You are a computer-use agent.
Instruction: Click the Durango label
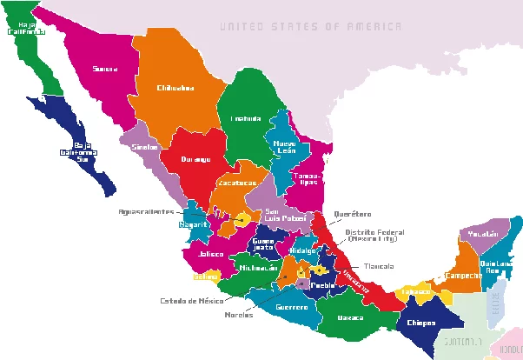tap(196, 159)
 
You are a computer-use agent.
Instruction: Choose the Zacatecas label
tap(237, 184)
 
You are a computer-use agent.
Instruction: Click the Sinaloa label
tap(143, 148)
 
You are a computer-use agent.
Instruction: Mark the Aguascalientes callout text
tap(146, 210)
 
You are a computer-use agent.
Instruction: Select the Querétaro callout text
tap(353, 214)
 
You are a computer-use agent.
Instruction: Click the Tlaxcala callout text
tap(378, 266)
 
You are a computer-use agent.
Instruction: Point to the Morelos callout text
tap(238, 315)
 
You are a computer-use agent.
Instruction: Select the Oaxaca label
tap(351, 317)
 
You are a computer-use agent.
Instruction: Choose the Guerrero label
tap(291, 307)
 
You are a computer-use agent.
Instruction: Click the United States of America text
tap(310, 27)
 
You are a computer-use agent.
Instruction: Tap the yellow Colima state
tap(206, 277)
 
